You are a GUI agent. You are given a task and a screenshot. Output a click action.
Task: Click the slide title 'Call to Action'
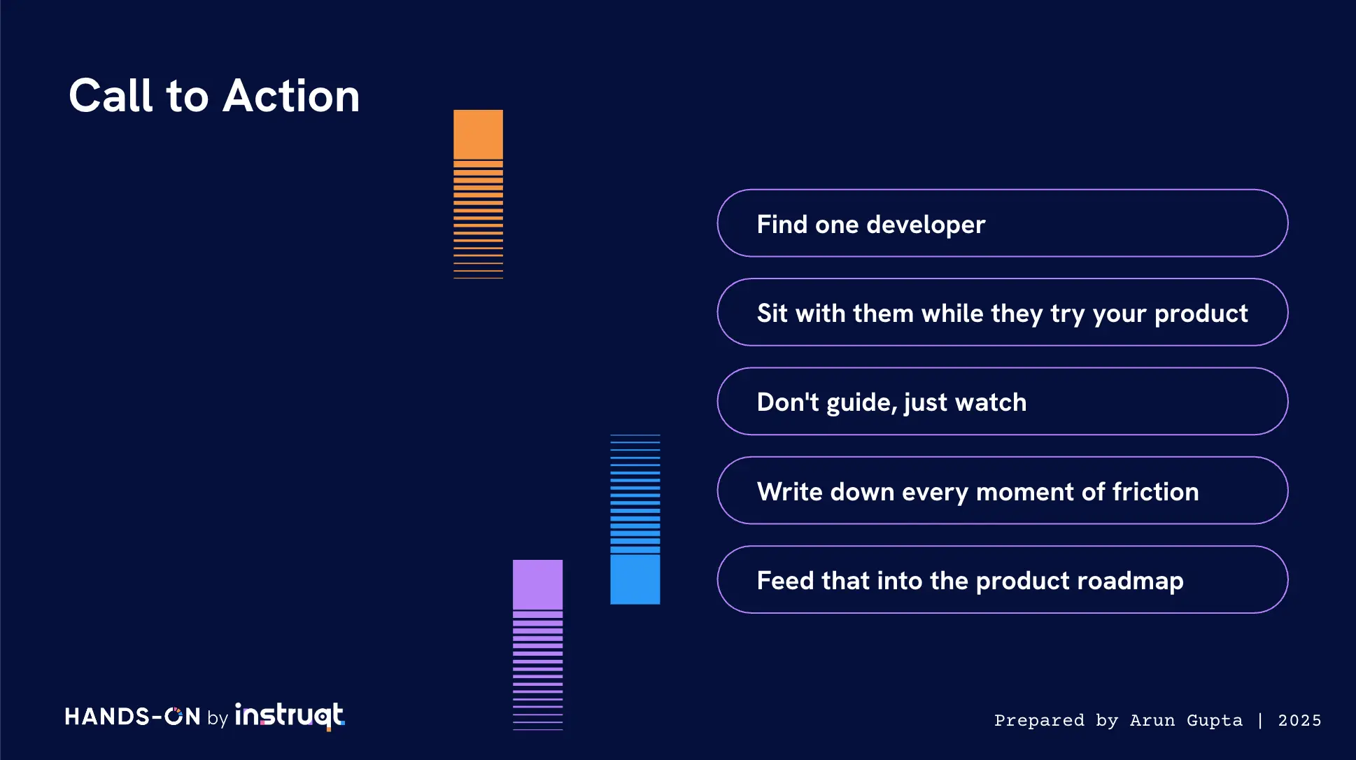[214, 95]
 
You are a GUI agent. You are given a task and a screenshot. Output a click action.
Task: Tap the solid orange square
[478, 134]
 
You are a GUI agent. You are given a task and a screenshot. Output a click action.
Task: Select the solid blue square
[635, 579]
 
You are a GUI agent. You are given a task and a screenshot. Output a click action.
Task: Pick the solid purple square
[537, 584]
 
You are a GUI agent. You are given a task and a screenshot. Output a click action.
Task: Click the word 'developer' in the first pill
[926, 225]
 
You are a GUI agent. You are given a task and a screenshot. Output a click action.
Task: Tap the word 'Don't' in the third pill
[788, 402]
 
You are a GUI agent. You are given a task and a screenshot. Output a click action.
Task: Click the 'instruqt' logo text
[290, 716]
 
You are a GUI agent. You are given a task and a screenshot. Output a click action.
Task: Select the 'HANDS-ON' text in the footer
[133, 717]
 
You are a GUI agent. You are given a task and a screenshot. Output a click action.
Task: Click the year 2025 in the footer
[1299, 720]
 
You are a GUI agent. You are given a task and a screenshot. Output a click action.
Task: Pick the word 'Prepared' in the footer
[1039, 721]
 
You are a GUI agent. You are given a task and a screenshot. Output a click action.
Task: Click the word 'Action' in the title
[291, 95]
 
